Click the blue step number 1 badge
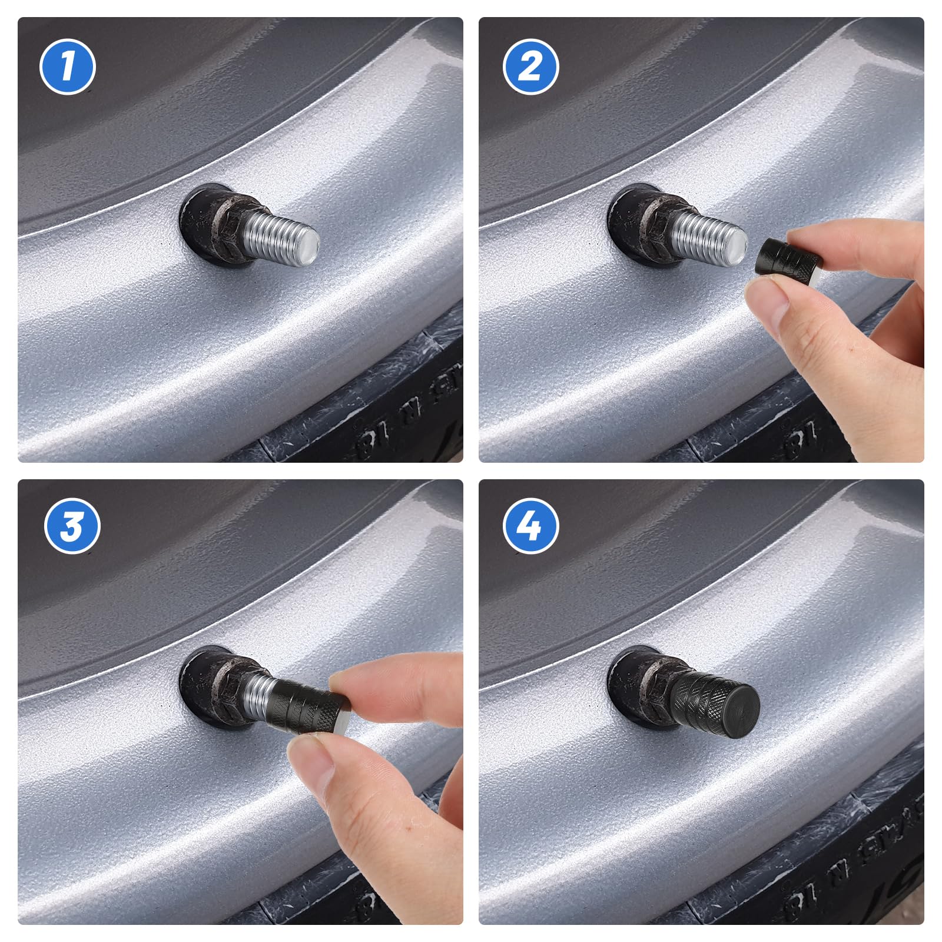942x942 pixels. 67,67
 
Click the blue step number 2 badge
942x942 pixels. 530,67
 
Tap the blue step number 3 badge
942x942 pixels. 72,526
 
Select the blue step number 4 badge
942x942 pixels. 530,526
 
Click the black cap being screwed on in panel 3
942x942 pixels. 309,706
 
